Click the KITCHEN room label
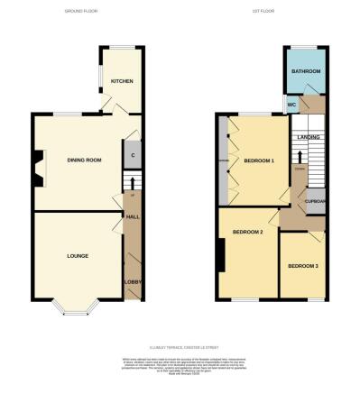pos(121,81)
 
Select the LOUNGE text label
pos(77,256)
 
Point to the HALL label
pos(131,217)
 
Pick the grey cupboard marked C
pos(133,155)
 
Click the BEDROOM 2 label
pos(247,233)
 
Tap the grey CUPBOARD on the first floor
pos(316,202)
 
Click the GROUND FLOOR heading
pos(81,12)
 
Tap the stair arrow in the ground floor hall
pos(132,187)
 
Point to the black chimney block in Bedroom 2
pos(219,255)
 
